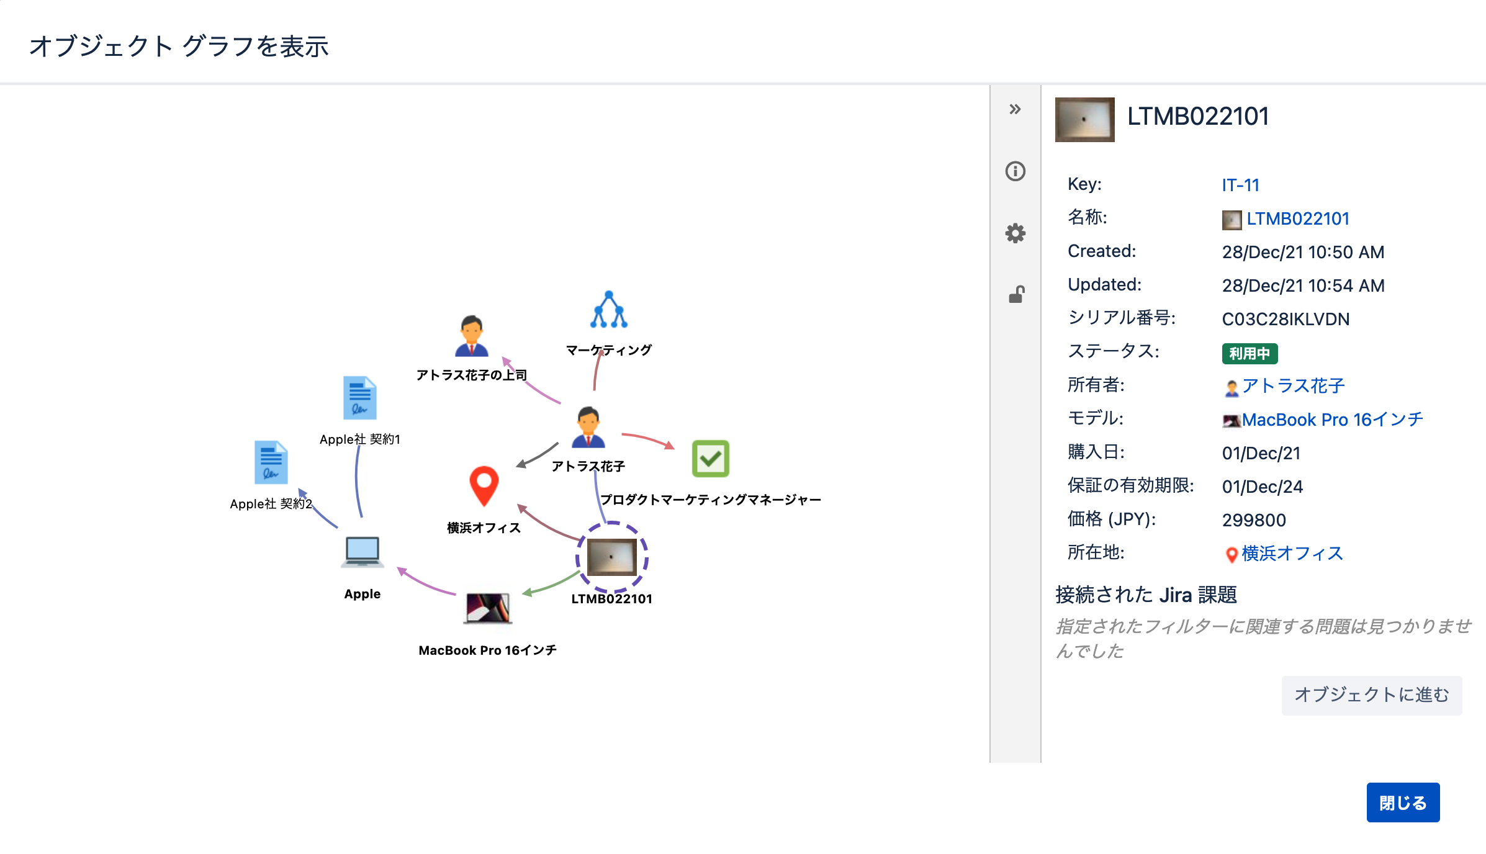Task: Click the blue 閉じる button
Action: pyautogui.click(x=1403, y=802)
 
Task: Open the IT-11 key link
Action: pyautogui.click(x=1240, y=185)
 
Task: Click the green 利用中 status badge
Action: pyautogui.click(x=1250, y=353)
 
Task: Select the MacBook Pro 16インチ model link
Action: pyautogui.click(x=1332, y=420)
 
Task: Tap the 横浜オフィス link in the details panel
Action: pyautogui.click(x=1292, y=553)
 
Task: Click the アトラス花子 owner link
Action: pyautogui.click(x=1294, y=386)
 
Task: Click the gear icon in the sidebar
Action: pyautogui.click(x=1015, y=233)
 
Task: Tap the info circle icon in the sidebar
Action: pyautogui.click(x=1015, y=171)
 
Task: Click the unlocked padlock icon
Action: pyautogui.click(x=1016, y=294)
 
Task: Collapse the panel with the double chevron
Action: pyautogui.click(x=1015, y=109)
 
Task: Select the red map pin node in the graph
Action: pyautogui.click(x=484, y=486)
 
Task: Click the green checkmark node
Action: pyautogui.click(x=710, y=459)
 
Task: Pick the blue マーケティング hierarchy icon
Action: pyautogui.click(x=609, y=309)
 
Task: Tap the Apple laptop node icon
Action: pyautogui.click(x=362, y=552)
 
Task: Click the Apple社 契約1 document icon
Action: pyautogui.click(x=360, y=398)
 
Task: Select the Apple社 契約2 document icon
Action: pyautogui.click(x=271, y=462)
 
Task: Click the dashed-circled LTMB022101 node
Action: pyautogui.click(x=612, y=557)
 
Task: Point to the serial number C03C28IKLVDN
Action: pyautogui.click(x=1286, y=319)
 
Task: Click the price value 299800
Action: pyautogui.click(x=1254, y=520)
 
